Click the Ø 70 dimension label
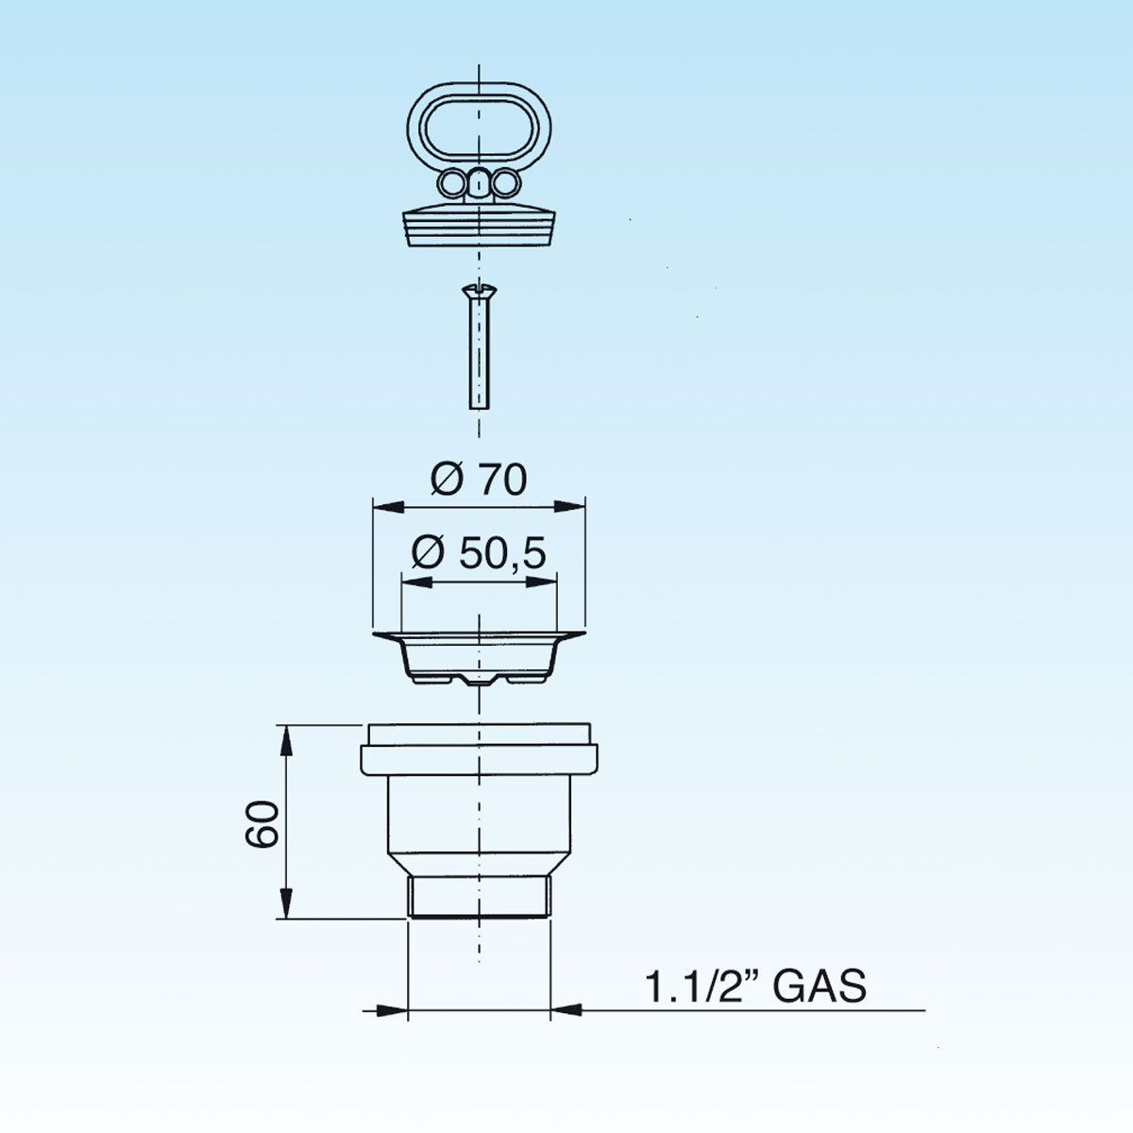click(x=479, y=480)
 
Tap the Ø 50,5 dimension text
click(x=479, y=553)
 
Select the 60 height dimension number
click(x=261, y=823)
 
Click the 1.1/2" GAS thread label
click(x=755, y=986)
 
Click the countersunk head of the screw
click(x=479, y=289)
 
